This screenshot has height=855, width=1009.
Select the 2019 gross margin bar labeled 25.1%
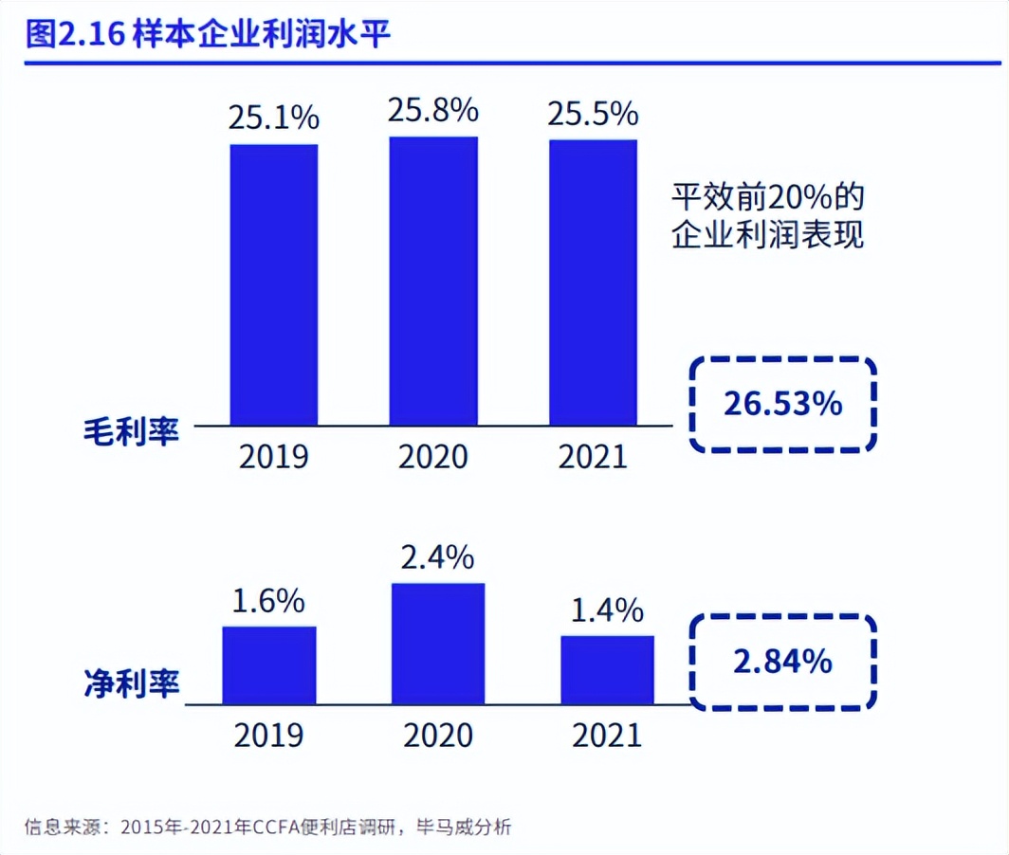coord(274,284)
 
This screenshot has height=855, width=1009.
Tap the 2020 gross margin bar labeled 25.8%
coord(433,281)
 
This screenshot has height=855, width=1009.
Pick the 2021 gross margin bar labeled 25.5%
coord(594,282)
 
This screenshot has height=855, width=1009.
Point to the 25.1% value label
coord(274,118)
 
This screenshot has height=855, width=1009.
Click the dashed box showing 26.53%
coord(781,404)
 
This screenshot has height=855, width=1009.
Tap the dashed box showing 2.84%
coord(782,661)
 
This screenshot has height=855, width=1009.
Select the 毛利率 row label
coord(130,434)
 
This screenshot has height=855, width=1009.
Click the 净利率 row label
coord(130,682)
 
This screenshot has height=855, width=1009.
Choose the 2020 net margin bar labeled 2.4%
coord(438,644)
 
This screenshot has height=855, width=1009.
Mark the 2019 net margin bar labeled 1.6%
coord(269,665)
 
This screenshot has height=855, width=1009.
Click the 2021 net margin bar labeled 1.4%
coord(607,670)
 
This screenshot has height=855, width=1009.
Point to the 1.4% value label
coord(608,610)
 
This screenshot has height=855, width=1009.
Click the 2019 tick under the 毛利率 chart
coord(274,457)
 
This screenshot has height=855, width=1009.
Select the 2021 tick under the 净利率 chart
coord(607,735)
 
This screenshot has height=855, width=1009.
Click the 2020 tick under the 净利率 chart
coord(438,735)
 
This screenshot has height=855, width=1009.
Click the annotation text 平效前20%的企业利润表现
coord(768,217)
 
